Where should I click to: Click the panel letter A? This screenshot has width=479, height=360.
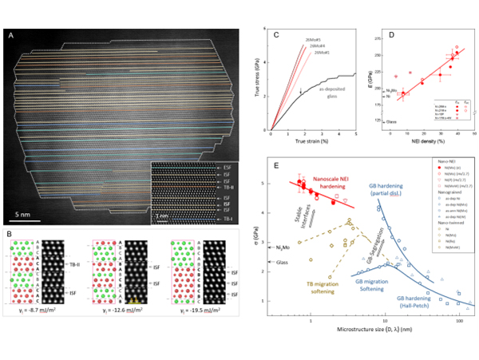(x=10, y=35)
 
